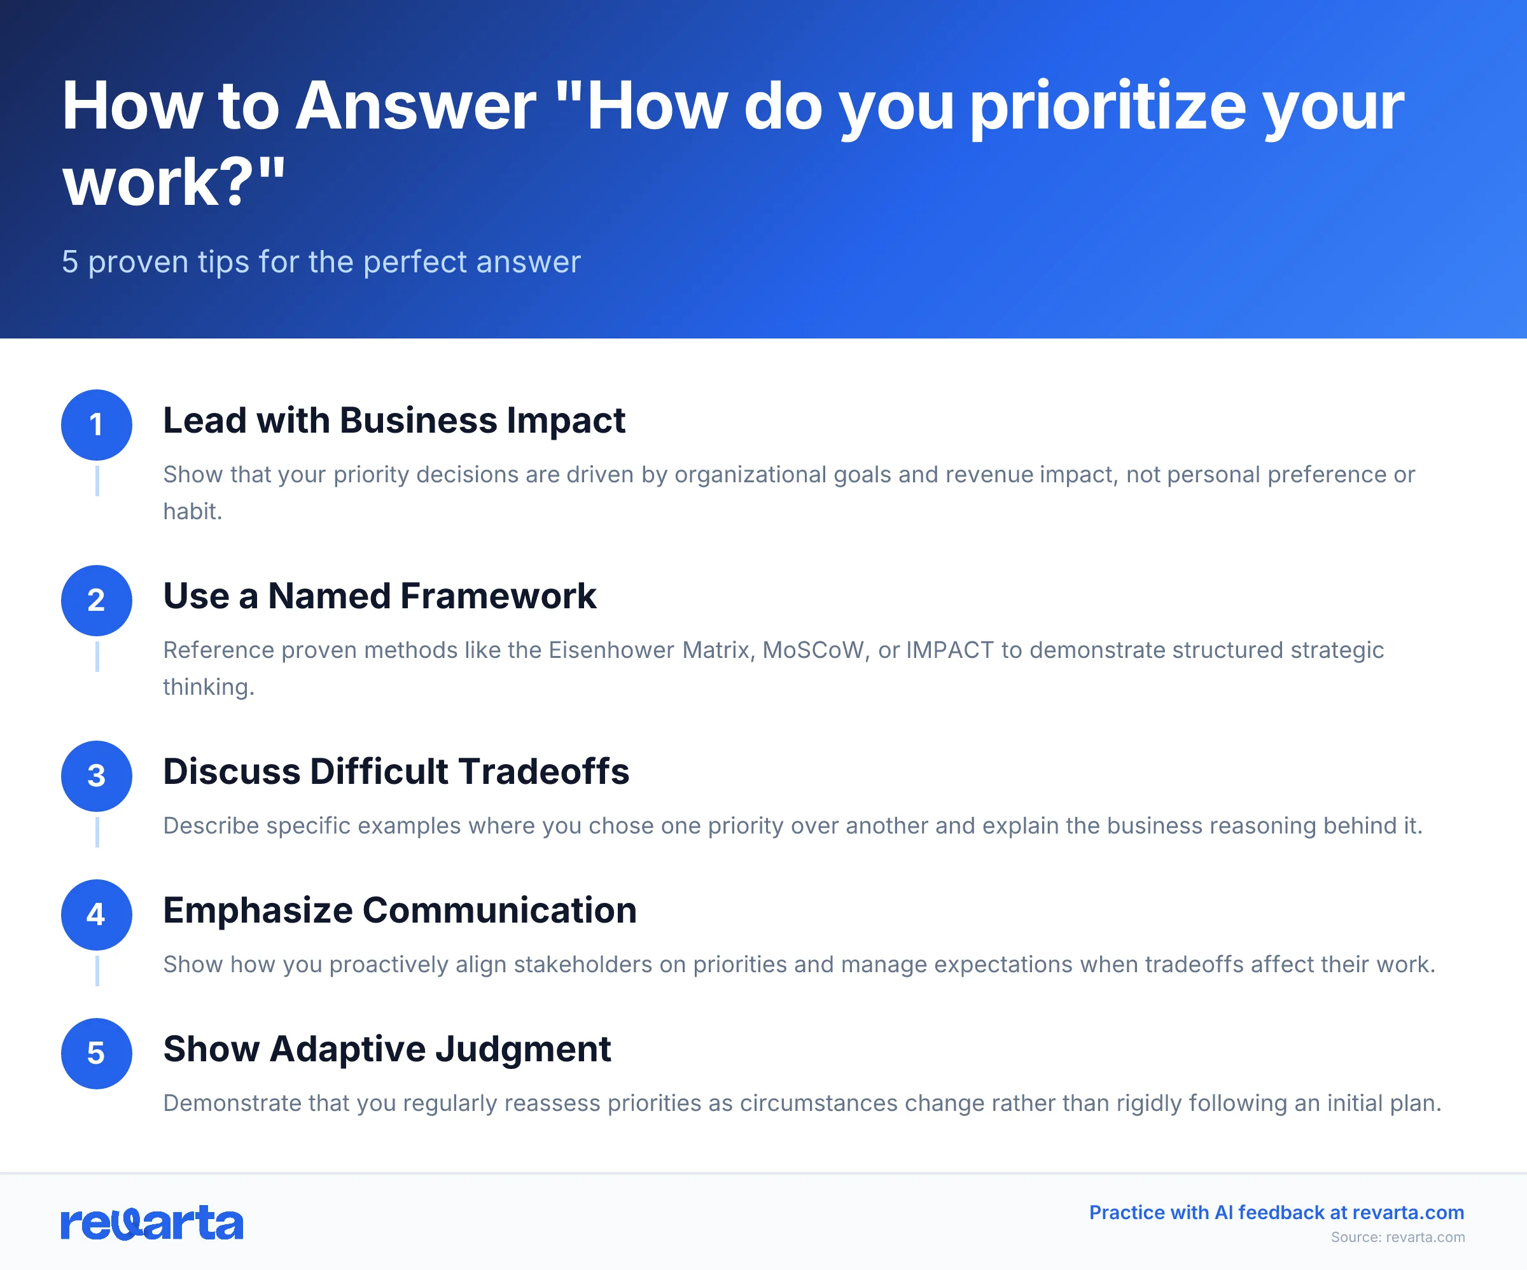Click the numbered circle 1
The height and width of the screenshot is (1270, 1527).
(96, 425)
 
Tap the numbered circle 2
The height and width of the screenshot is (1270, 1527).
(96, 600)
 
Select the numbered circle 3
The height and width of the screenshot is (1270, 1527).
(96, 776)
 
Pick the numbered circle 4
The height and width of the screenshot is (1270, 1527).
(96, 914)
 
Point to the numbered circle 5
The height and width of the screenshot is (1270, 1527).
(96, 1053)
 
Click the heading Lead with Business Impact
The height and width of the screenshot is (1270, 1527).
(393, 421)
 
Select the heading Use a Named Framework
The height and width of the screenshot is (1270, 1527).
(379, 596)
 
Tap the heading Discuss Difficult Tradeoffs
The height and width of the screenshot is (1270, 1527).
(396, 771)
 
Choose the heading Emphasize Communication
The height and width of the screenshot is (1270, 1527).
(399, 910)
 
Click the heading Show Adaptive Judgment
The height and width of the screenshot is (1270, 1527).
(386, 1049)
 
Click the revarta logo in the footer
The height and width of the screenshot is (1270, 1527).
(151, 1223)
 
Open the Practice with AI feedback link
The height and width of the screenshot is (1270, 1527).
(1276, 1213)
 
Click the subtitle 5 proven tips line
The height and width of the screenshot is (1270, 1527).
(321, 262)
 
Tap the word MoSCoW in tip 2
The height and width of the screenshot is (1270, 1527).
(815, 650)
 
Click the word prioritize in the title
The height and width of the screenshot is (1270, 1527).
(1108, 107)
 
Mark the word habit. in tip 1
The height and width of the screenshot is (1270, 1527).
(192, 512)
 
